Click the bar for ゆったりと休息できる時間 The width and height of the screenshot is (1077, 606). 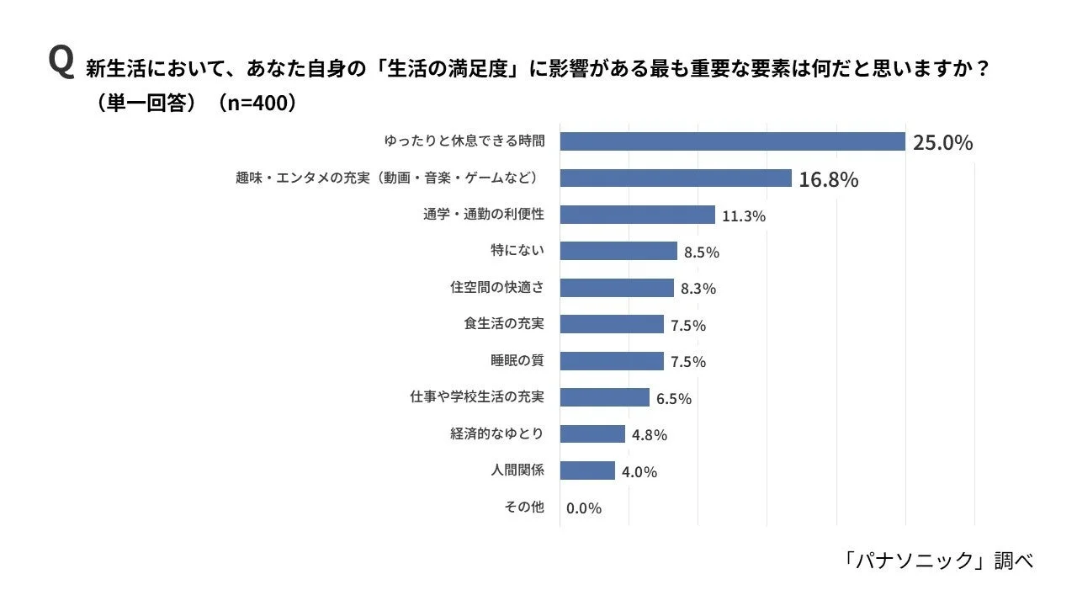click(732, 141)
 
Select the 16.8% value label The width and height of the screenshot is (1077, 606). click(828, 178)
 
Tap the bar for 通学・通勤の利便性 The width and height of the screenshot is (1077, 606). click(637, 215)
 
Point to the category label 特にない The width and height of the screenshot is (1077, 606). click(517, 251)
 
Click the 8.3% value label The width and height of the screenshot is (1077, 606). click(698, 289)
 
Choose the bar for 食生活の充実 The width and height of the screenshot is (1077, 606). click(612, 324)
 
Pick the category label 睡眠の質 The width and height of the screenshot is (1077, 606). click(517, 361)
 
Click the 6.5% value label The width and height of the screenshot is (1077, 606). click(673, 399)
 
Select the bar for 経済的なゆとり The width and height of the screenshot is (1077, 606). click(592, 434)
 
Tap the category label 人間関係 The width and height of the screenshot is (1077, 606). click(517, 470)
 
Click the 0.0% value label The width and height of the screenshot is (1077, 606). click(584, 508)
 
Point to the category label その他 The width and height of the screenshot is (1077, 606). click(524, 508)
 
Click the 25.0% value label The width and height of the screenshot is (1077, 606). click(942, 142)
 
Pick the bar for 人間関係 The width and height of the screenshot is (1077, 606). click(587, 470)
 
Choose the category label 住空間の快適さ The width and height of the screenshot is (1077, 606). click(497, 288)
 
